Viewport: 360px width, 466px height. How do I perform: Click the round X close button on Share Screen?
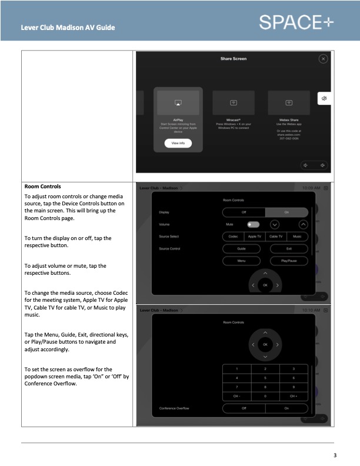(322, 59)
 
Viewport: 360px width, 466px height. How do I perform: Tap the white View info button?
(178, 143)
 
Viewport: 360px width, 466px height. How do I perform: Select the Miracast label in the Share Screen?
(234, 118)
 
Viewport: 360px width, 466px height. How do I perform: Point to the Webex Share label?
(289, 118)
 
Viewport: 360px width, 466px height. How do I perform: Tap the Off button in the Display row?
(244, 212)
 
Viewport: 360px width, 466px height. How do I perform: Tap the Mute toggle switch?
(254, 224)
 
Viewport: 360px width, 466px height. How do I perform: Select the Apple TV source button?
(254, 237)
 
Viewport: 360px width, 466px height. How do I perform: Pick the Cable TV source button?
(276, 237)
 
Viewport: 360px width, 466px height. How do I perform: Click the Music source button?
(298, 237)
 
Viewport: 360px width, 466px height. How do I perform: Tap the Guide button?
(241, 249)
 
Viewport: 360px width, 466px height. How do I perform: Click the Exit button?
(286, 249)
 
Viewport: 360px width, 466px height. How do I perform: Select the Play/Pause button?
(286, 261)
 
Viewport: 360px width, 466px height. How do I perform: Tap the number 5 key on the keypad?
(264, 377)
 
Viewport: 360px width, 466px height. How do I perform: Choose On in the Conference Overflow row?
(286, 408)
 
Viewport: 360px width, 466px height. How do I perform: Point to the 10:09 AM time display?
(311, 188)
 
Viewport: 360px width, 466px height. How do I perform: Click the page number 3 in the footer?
(335, 455)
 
